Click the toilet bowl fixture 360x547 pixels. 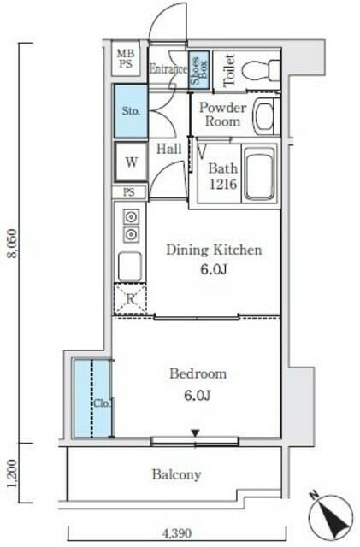tap(261, 70)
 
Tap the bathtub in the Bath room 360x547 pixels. tap(259, 174)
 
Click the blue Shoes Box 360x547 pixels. tap(199, 69)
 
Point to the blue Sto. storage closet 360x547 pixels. tap(131, 111)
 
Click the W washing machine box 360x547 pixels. tap(132, 162)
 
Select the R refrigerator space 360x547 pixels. tap(130, 298)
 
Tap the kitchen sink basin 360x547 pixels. tap(130, 266)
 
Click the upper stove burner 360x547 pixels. tap(131, 217)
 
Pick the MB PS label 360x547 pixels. tap(126, 59)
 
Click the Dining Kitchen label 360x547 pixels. tap(214, 250)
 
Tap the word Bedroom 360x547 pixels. tap(198, 373)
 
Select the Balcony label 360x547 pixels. tap(176, 474)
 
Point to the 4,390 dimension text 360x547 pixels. tap(177, 533)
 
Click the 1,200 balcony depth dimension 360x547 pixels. tap(11, 473)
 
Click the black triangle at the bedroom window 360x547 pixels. tap(195, 433)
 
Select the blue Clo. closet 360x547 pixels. tap(92, 398)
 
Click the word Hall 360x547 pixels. tap(169, 150)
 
